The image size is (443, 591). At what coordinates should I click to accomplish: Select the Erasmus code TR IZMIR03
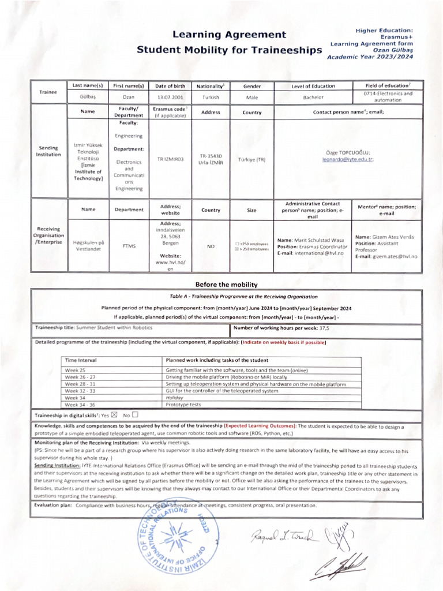(170, 158)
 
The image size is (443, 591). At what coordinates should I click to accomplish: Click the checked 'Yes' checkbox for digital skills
(114, 414)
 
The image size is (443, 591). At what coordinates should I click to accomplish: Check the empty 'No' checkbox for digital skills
(135, 414)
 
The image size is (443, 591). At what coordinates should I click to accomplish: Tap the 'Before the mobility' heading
(226, 284)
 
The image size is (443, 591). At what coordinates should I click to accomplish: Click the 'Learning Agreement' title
(230, 35)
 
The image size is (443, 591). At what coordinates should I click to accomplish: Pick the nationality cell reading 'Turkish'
(211, 98)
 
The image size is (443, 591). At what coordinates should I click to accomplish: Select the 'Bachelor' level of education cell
(313, 98)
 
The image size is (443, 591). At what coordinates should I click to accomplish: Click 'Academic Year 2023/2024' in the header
(370, 57)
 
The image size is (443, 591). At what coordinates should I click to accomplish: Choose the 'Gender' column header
(252, 86)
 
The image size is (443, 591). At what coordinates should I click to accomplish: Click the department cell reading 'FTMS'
(129, 246)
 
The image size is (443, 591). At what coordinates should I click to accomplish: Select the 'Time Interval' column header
(81, 360)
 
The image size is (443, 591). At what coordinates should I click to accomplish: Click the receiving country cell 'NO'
(211, 246)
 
